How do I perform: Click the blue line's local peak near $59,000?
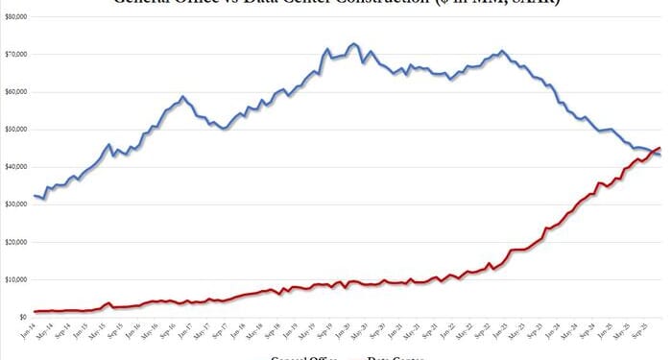tap(181, 97)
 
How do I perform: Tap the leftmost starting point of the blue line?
tap(35, 196)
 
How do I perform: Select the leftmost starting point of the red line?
tap(35, 311)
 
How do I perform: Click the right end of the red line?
tap(660, 147)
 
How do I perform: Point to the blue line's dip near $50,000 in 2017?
tap(224, 128)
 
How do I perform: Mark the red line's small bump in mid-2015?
tap(109, 303)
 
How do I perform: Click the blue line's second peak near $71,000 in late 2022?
tap(502, 50)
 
